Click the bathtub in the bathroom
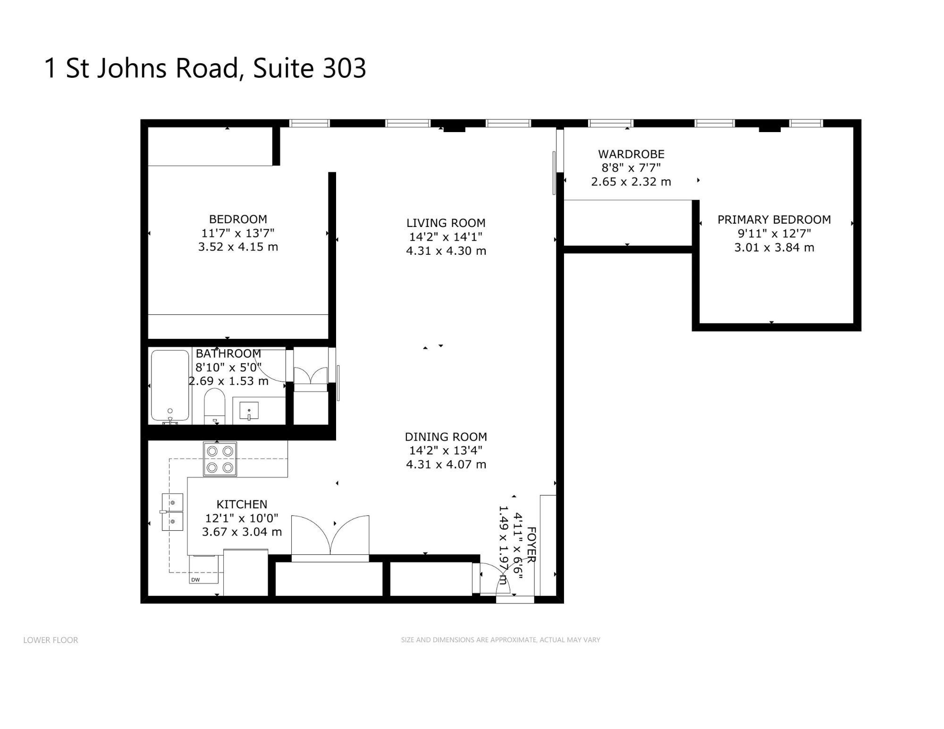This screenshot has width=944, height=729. [170, 385]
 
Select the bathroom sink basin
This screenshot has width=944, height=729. [249, 411]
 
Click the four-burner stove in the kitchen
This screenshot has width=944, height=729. [220, 459]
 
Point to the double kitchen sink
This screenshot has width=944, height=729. [172, 512]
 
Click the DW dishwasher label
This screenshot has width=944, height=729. [195, 580]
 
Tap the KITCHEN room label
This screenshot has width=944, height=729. [242, 504]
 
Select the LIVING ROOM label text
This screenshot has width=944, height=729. [446, 223]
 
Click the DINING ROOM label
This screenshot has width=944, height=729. [446, 437]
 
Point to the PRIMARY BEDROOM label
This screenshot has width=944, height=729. [774, 219]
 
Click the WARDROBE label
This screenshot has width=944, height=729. [631, 154]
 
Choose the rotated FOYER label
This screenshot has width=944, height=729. [531, 545]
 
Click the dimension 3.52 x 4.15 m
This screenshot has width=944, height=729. [238, 247]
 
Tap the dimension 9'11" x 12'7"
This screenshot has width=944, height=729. [774, 233]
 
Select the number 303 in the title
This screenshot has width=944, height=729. [344, 68]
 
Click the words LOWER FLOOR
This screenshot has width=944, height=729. [51, 640]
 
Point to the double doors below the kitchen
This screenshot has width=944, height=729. [330, 535]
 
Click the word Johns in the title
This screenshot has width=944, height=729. [132, 68]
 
